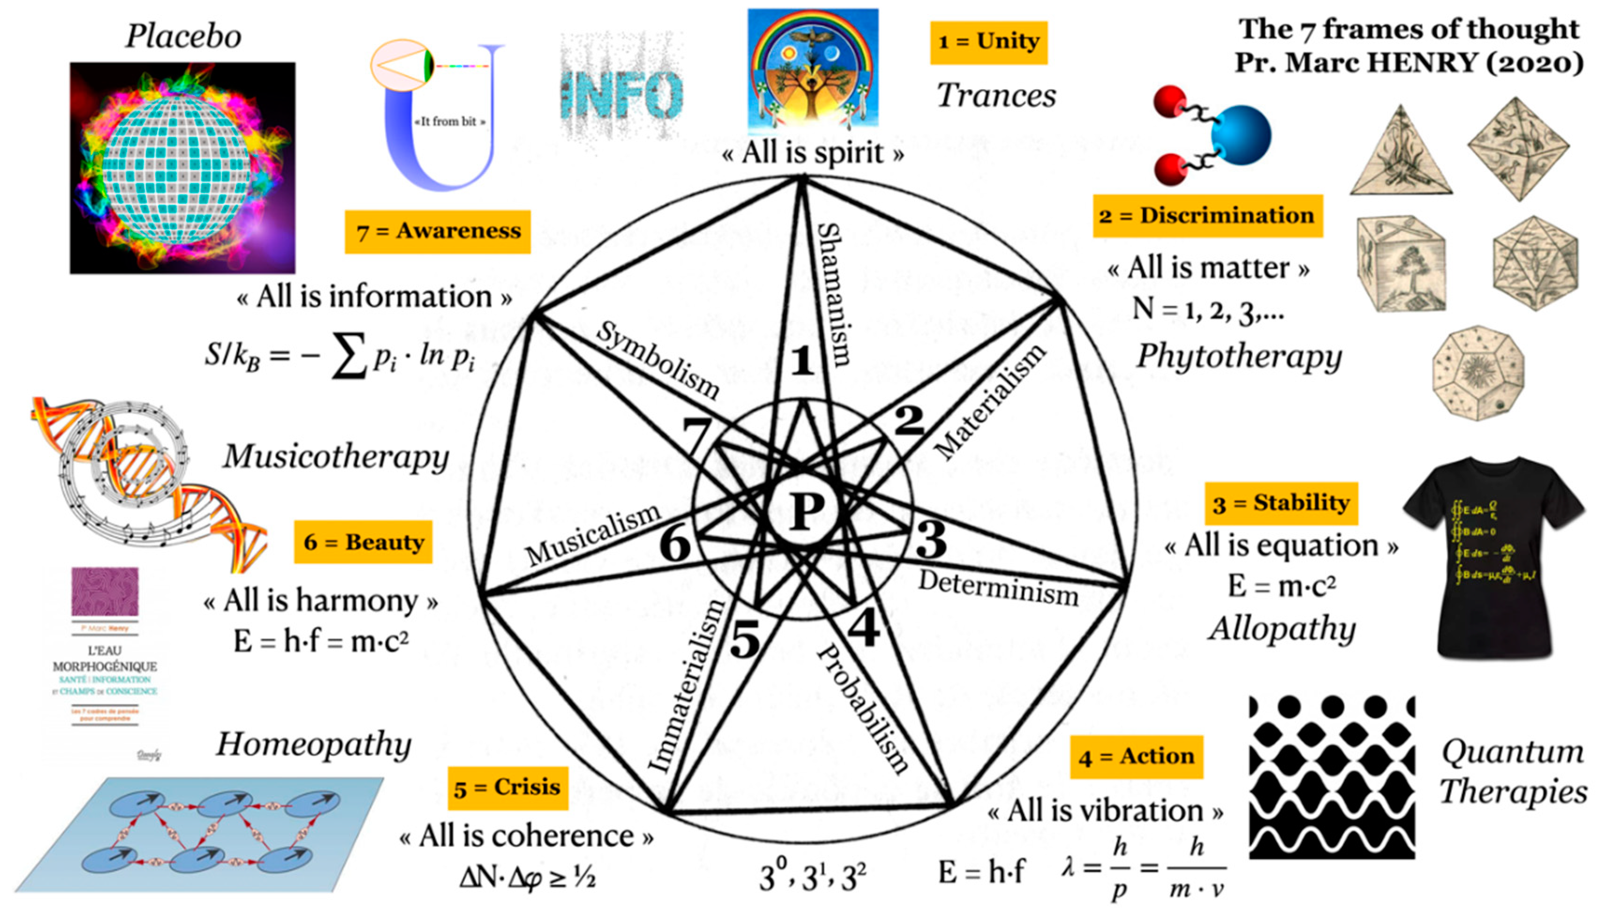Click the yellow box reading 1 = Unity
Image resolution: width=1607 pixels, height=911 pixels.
pos(989,42)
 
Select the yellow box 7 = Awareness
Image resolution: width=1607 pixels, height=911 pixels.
pos(438,231)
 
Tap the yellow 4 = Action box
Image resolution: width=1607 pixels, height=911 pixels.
pos(1136,757)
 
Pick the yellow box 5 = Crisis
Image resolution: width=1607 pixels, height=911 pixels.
pos(508,788)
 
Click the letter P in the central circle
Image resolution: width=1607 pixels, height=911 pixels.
pos(807,512)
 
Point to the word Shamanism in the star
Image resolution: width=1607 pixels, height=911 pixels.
pos(835,294)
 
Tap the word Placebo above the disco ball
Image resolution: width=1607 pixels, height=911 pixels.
pos(183,36)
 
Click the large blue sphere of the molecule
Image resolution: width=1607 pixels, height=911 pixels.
pos(1241,135)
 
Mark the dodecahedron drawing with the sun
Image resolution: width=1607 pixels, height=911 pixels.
pos(1478,373)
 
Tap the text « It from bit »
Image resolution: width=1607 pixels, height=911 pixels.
pos(449,122)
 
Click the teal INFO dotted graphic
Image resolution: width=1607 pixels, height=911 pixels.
pos(621,94)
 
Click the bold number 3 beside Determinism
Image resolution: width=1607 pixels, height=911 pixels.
pos(931,539)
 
